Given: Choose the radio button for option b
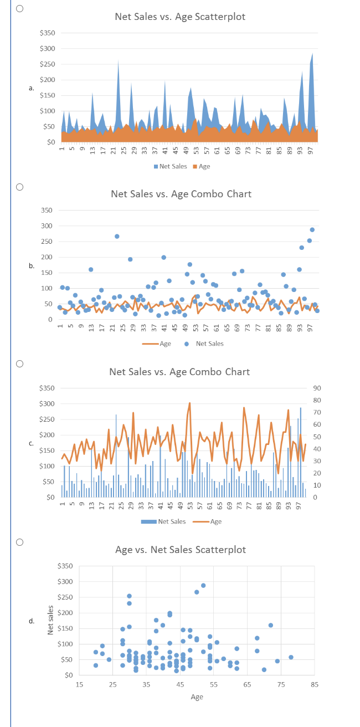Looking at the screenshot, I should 19,187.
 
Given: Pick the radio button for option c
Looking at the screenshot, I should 19,364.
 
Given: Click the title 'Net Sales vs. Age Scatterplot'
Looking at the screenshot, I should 180,17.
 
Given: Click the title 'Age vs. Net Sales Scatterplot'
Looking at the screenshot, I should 180,550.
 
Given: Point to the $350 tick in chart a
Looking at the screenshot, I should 47,33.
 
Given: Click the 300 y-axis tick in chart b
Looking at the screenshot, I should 47,226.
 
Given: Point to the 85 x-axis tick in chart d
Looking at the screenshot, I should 315,685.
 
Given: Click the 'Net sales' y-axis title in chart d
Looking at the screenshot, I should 50,620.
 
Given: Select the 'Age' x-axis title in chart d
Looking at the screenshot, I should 197,697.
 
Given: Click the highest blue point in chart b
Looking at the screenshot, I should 312,229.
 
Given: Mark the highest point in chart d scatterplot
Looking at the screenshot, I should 203,585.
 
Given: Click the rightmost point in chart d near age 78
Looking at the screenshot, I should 291,657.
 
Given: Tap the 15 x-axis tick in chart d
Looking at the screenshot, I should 79,685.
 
